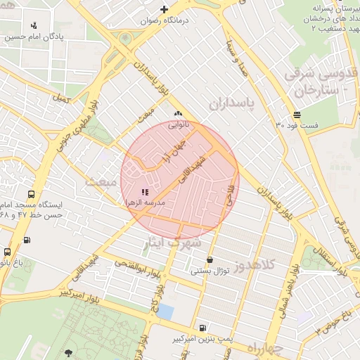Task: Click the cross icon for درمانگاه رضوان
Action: pos(164,10)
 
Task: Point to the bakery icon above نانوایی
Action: pos(177,114)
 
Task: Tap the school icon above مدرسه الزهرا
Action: pos(145,192)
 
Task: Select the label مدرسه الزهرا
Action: pos(144,202)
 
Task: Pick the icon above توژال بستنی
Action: pos(210,260)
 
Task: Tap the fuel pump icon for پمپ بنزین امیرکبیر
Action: pos(202,328)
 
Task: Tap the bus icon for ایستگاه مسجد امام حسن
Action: pos(31,194)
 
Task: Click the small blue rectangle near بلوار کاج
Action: pos(165,311)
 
